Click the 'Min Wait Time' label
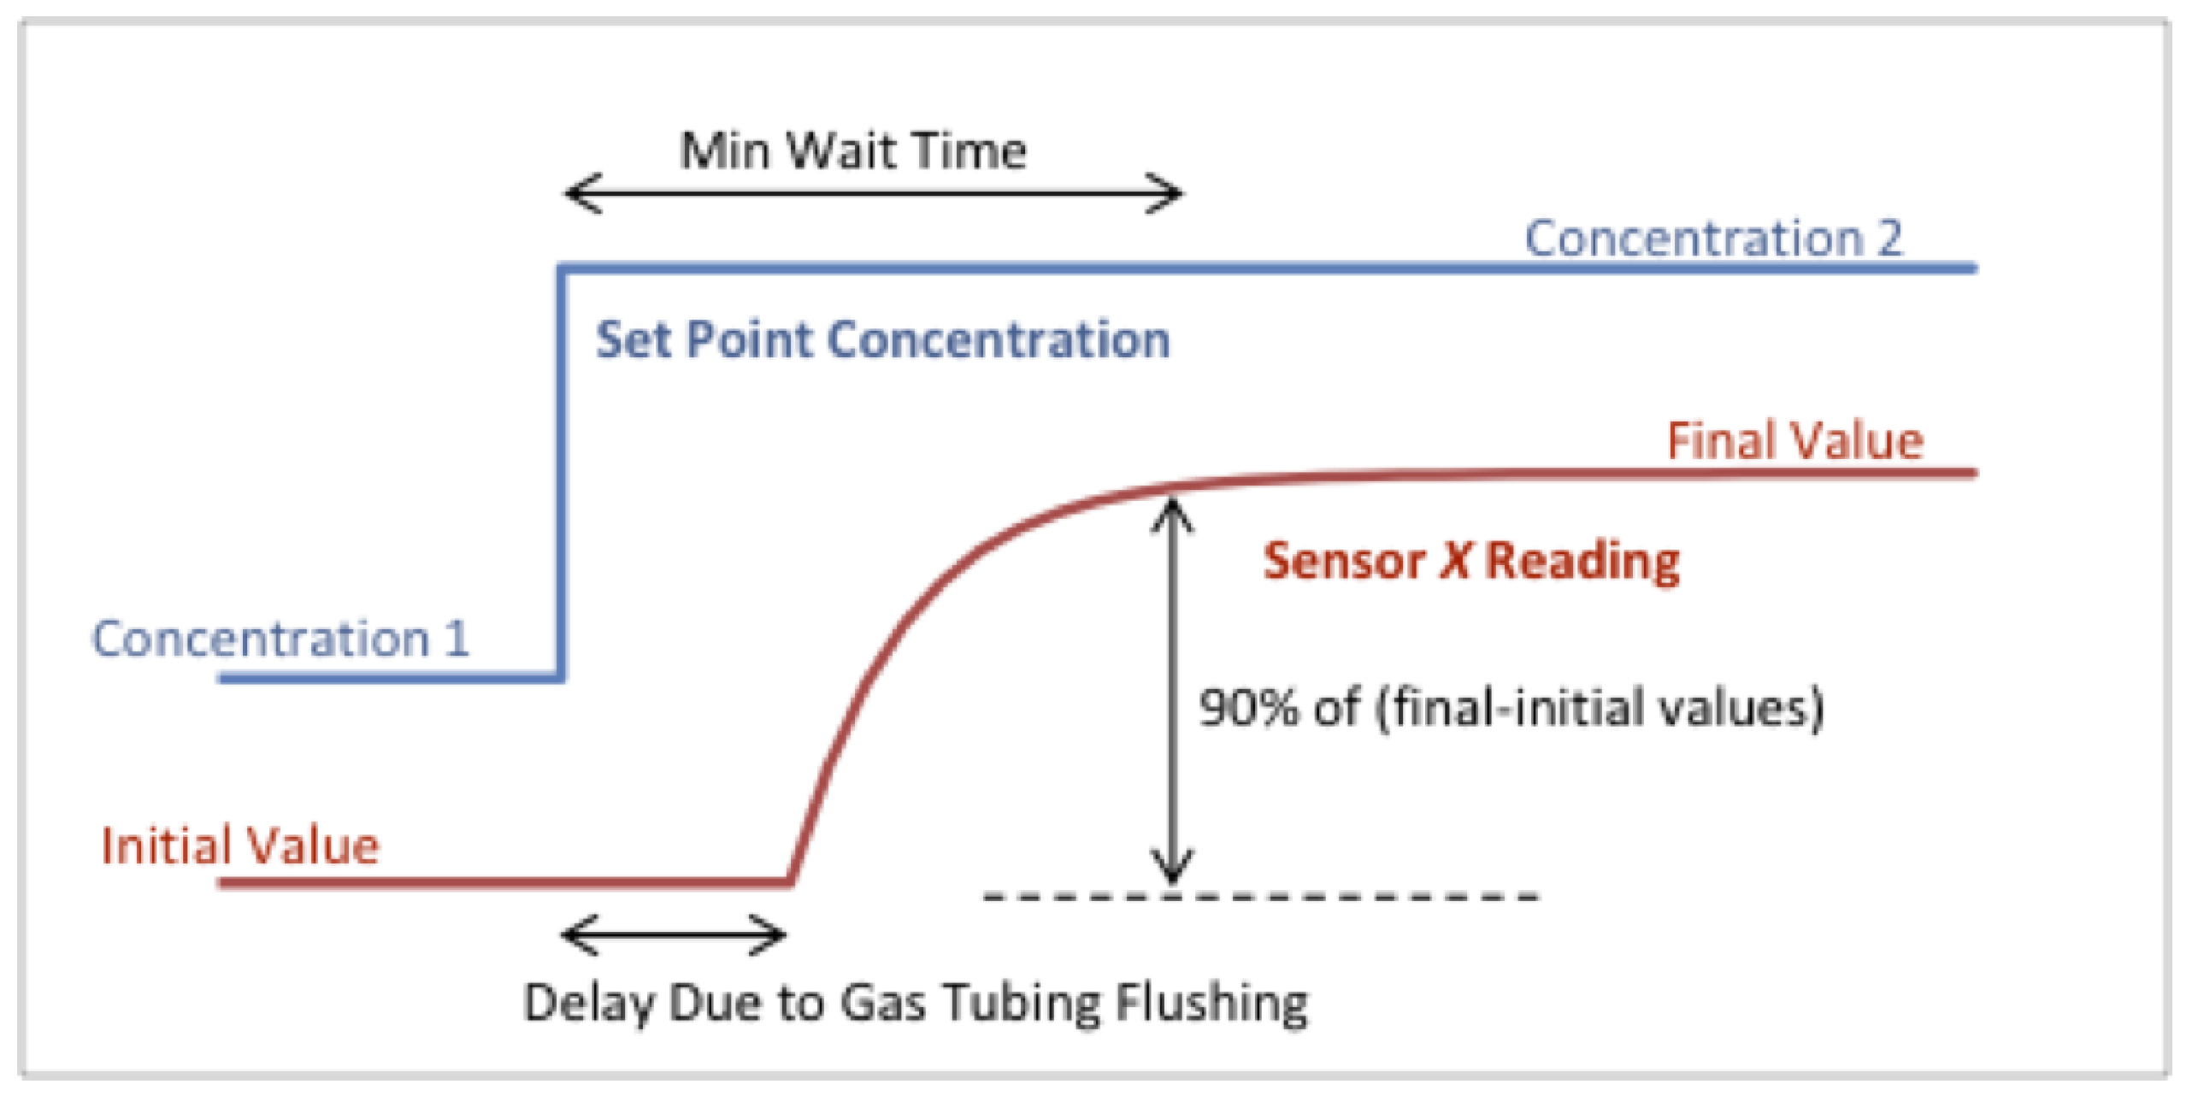point(853,151)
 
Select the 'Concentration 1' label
point(280,639)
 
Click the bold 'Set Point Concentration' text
point(882,339)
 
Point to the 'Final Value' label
point(1795,441)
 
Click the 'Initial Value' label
point(240,846)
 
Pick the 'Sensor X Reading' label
point(1471,562)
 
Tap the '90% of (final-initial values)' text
point(1511,708)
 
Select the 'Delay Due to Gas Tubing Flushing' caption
point(916,1002)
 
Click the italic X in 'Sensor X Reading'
point(1455,562)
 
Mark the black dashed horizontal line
point(1261,897)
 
